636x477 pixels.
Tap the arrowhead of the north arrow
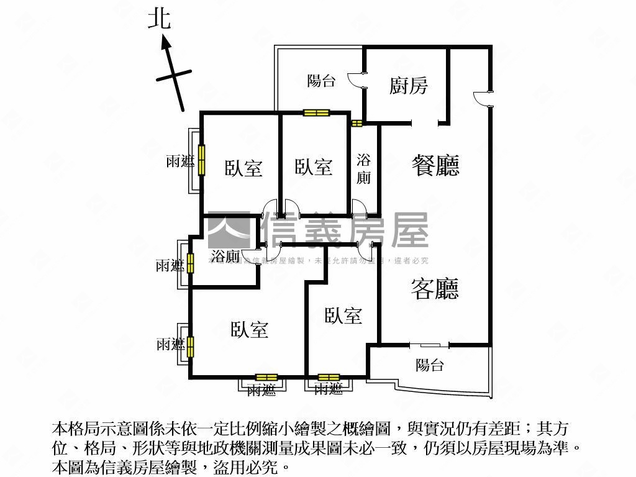[x=166, y=42]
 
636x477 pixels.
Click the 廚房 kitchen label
[x=408, y=85]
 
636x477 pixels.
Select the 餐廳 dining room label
[x=435, y=165]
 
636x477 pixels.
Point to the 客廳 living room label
[x=435, y=288]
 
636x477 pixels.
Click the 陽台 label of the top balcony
[x=322, y=81]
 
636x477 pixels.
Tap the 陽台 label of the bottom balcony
[x=429, y=365]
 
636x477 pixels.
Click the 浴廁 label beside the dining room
[x=363, y=168]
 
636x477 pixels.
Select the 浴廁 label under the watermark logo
[x=225, y=256]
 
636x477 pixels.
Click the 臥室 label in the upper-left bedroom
[x=243, y=168]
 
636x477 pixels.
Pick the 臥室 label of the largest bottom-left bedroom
[x=250, y=329]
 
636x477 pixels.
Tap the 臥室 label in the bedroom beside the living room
[x=343, y=316]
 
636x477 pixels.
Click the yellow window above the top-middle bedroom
[x=316, y=113]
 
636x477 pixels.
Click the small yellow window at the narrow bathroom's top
[x=357, y=123]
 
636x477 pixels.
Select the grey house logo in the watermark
[x=229, y=230]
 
